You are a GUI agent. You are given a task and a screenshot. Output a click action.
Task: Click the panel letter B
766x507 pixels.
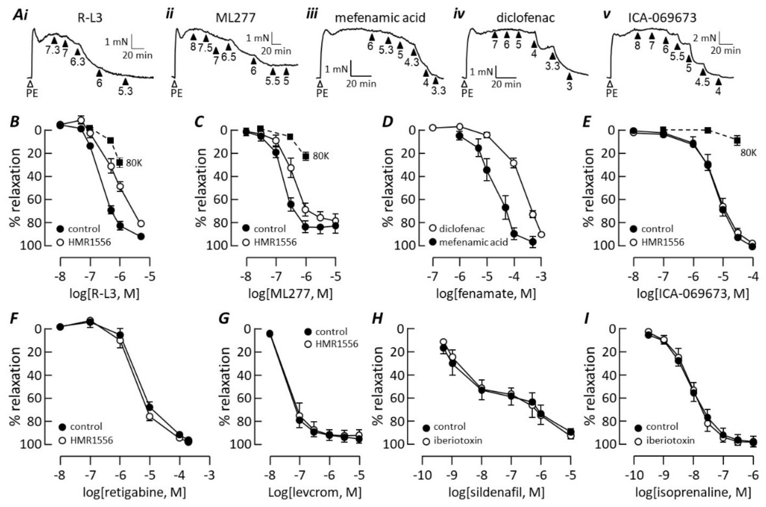[15, 122]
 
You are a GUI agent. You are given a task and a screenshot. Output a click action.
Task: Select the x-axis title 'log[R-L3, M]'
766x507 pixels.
[104, 294]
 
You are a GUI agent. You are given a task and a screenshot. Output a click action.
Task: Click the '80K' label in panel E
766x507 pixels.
[748, 152]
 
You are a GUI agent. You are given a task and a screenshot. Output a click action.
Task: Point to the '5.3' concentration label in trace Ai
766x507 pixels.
[125, 91]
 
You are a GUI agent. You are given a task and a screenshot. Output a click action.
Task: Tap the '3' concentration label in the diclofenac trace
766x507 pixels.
[569, 87]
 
